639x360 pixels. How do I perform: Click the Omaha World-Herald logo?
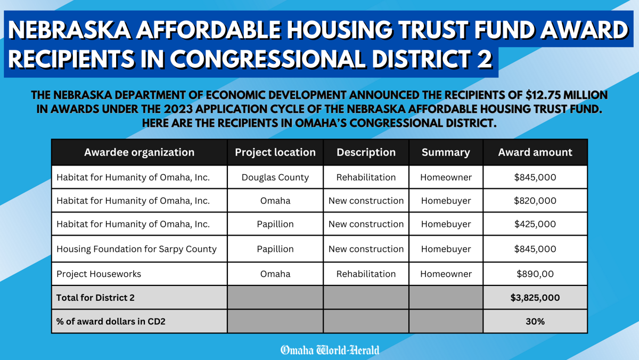[x=330, y=350]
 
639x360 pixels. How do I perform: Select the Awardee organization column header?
[x=139, y=152]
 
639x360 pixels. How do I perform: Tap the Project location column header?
[x=275, y=152]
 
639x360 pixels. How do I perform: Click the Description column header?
[x=366, y=152]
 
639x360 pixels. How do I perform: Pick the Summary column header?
[x=446, y=152]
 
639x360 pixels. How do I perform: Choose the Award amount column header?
[x=535, y=152]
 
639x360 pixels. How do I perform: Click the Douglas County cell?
[x=275, y=177]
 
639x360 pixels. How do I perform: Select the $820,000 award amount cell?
[x=535, y=201]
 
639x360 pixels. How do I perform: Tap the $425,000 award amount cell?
[x=535, y=224]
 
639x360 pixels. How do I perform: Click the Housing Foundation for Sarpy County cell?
[x=136, y=249]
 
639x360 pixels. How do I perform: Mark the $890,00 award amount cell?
[x=535, y=274]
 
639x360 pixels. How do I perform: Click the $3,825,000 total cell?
[x=535, y=298]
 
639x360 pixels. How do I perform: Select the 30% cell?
[x=535, y=322]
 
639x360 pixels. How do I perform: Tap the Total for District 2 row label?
[x=95, y=298]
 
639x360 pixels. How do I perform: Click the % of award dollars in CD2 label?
[x=111, y=322]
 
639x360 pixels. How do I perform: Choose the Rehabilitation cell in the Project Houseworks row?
[x=366, y=274]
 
